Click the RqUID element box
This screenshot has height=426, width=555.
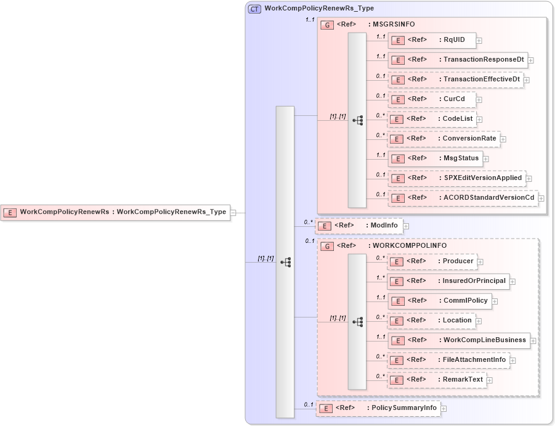pyautogui.click(x=431, y=41)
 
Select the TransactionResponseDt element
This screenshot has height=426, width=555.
pyautogui.click(x=457, y=60)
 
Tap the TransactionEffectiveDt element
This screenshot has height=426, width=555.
pyautogui.click(x=455, y=80)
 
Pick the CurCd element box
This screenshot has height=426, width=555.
pyautogui.click(x=431, y=100)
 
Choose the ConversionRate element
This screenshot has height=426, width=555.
pyautogui.click(x=444, y=139)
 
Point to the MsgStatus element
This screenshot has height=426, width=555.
pyautogui.click(x=434, y=159)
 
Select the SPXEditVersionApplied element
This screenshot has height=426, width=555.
pyautogui.click(x=456, y=179)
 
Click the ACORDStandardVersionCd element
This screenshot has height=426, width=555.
pyautogui.click(x=463, y=198)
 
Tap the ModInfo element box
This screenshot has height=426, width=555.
pyautogui.click(x=359, y=226)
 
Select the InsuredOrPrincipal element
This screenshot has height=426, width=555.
pyautogui.click(x=448, y=282)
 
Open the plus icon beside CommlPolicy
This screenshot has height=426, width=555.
pyautogui.click(x=495, y=302)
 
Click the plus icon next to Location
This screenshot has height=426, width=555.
pyautogui.click(x=479, y=322)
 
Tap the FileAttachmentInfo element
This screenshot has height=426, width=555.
pyautogui.click(x=448, y=361)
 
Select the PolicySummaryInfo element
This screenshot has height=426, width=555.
pyautogui.click(x=378, y=409)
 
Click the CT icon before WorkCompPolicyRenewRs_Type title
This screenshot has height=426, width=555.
pyautogui.click(x=254, y=9)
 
